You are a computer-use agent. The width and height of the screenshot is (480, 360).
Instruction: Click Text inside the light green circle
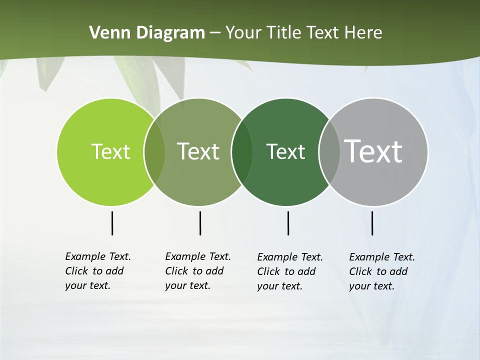(x=110, y=151)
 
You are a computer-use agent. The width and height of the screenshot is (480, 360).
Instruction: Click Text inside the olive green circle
(x=198, y=151)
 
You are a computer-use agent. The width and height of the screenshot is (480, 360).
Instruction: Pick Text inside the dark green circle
(x=285, y=151)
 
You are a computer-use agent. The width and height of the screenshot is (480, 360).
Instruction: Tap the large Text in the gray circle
(x=373, y=151)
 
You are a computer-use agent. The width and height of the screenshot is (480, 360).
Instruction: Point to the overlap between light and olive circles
(x=154, y=151)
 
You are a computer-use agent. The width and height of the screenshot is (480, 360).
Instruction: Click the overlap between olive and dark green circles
(x=242, y=151)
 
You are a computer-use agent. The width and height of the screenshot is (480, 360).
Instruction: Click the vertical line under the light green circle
(x=112, y=223)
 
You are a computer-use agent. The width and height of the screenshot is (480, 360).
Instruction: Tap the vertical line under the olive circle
(x=200, y=223)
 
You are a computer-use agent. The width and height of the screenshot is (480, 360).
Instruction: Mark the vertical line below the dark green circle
(x=288, y=223)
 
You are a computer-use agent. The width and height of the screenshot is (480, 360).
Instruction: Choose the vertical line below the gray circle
(x=372, y=223)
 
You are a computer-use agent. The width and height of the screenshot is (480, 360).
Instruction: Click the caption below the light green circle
(x=98, y=271)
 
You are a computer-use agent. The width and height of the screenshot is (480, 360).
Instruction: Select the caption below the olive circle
(x=198, y=271)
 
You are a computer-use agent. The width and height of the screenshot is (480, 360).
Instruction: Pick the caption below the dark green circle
(x=290, y=271)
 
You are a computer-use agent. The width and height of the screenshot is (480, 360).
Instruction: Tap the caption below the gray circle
(x=382, y=271)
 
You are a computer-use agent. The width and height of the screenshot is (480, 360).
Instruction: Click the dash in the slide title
(x=215, y=33)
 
